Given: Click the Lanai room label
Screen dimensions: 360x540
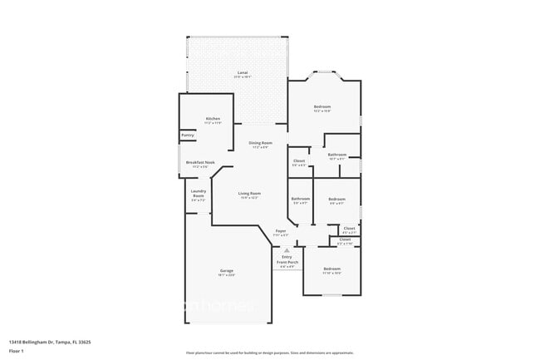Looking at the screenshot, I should coord(243,73).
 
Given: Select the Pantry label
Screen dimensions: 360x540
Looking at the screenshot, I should coord(187,135).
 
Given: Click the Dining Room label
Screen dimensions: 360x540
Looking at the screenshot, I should coord(260,143).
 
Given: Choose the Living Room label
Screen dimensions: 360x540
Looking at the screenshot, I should coord(249,193).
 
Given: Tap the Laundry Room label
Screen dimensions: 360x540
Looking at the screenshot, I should coord(198,193).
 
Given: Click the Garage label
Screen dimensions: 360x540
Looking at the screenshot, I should coord(226,271).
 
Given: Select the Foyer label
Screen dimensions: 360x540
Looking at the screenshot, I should coord(281,230).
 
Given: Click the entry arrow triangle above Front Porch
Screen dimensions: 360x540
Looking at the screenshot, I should coord(287,249).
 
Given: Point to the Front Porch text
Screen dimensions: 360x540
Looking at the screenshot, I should coord(287,261).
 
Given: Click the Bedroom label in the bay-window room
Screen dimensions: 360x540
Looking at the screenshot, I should coord(322,106).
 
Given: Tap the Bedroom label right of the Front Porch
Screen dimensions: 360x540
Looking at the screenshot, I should coord(331,269).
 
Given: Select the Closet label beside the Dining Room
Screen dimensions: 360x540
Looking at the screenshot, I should coord(299,160).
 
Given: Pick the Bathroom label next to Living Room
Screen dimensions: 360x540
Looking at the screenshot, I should coord(300,199).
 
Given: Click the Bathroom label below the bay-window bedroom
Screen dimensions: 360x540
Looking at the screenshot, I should coord(336,154).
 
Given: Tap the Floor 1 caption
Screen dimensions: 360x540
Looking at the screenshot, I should coord(17,350).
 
